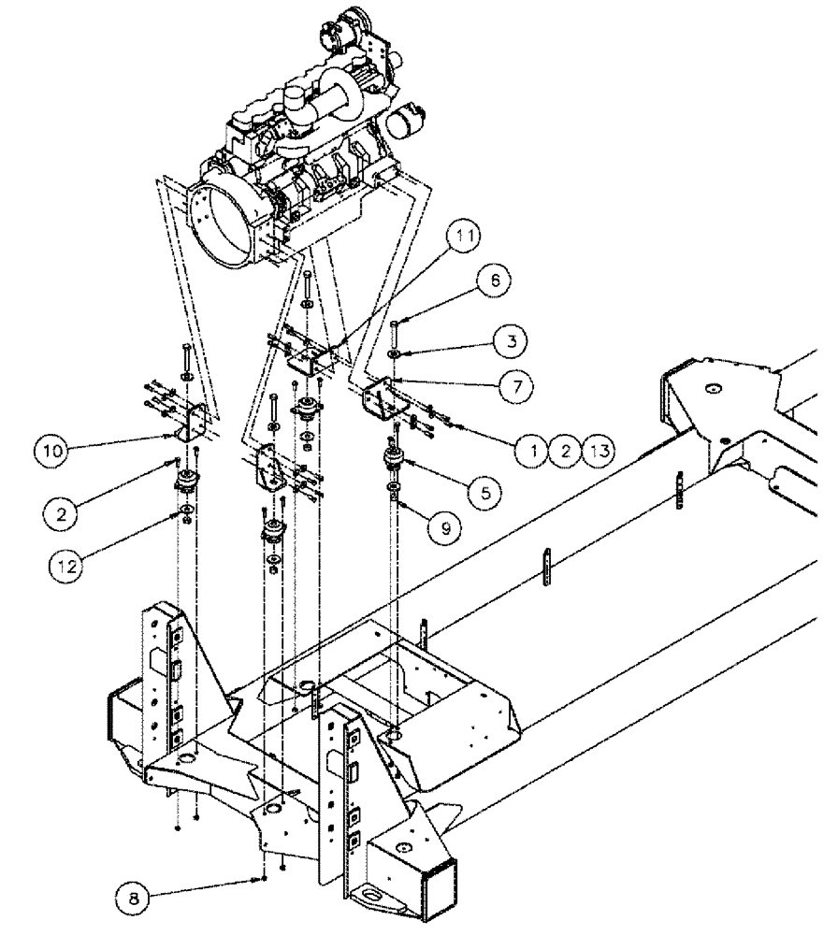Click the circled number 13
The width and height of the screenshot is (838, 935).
[x=599, y=451]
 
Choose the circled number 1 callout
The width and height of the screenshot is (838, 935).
[x=533, y=451]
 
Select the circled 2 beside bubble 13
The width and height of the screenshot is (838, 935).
[x=565, y=451]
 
